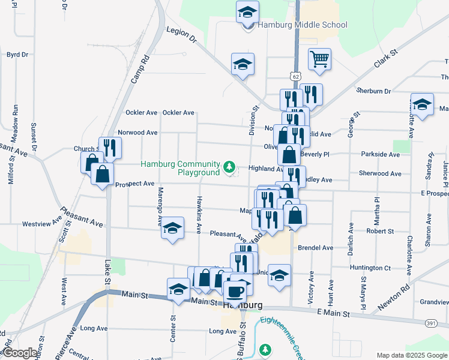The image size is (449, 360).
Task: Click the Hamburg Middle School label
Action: click(x=303, y=25)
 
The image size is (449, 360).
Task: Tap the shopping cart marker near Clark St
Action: click(x=319, y=59)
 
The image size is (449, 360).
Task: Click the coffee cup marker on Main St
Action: click(x=234, y=291)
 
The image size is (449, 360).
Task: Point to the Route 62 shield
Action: click(x=294, y=76)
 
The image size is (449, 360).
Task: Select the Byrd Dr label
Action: click(x=17, y=55)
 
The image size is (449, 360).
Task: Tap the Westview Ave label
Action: click(x=42, y=224)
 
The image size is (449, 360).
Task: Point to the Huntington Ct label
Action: click(x=370, y=268)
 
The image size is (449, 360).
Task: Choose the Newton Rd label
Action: click(x=397, y=294)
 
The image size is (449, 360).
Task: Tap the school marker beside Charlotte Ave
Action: click(x=422, y=104)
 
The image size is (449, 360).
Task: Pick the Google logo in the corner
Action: click(x=19, y=353)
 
